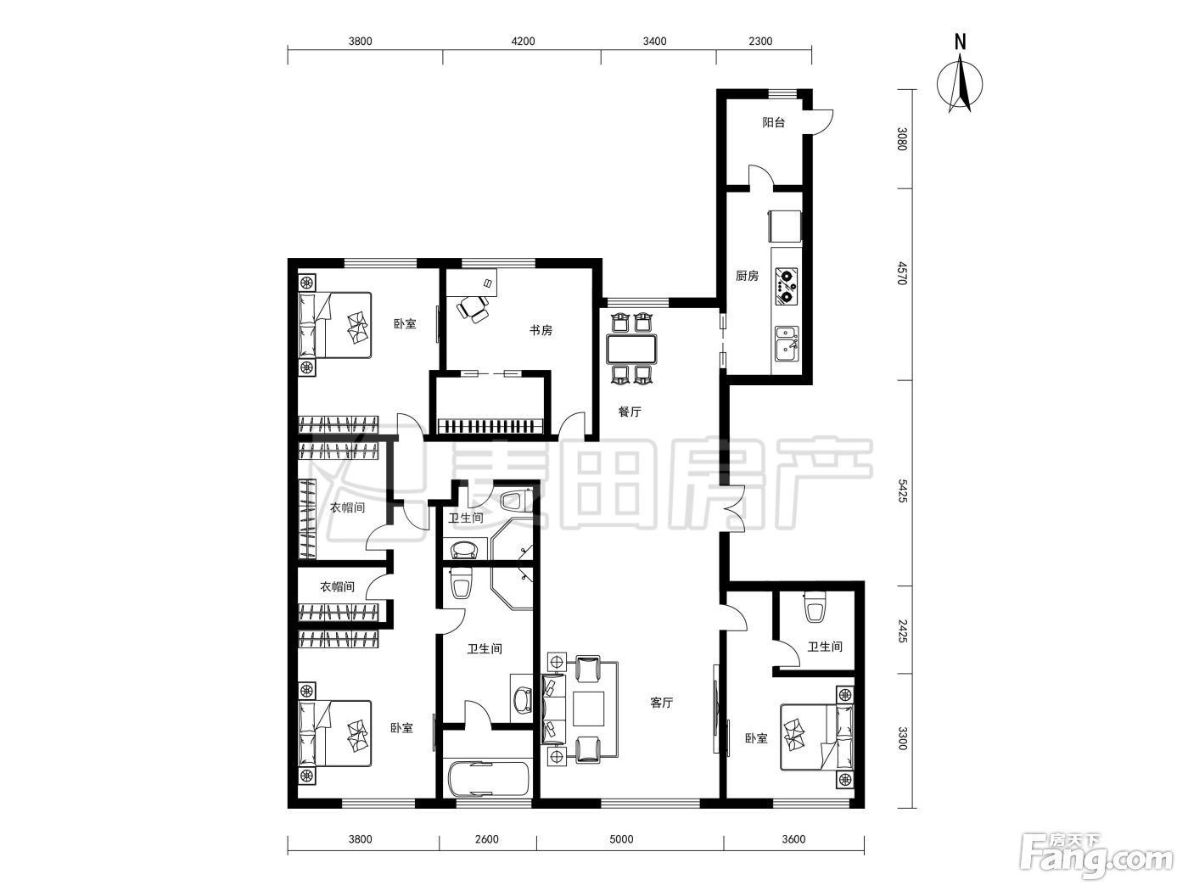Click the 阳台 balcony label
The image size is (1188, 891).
pyautogui.click(x=773, y=123)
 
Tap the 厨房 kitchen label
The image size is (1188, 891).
pyautogui.click(x=747, y=276)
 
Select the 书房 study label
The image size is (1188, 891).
pyautogui.click(x=541, y=330)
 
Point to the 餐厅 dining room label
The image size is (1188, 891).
pyautogui.click(x=630, y=412)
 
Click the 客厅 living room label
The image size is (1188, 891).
pyautogui.click(x=661, y=703)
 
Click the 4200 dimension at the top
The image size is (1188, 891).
pyautogui.click(x=523, y=41)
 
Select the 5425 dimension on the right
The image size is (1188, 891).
pyautogui.click(x=901, y=490)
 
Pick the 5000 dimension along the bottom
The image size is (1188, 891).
pyautogui.click(x=621, y=839)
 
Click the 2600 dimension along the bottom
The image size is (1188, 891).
pyautogui.click(x=486, y=839)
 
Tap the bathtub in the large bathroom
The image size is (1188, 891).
pyautogui.click(x=488, y=779)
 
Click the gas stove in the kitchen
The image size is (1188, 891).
pyautogui.click(x=787, y=285)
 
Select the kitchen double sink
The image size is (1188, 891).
pyautogui.click(x=787, y=344)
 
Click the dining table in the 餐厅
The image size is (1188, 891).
pyautogui.click(x=631, y=349)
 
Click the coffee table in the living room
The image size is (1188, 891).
pyautogui.click(x=588, y=709)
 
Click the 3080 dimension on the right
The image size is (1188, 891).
pyautogui.click(x=901, y=139)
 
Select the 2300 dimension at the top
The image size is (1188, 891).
pyautogui.click(x=760, y=41)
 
